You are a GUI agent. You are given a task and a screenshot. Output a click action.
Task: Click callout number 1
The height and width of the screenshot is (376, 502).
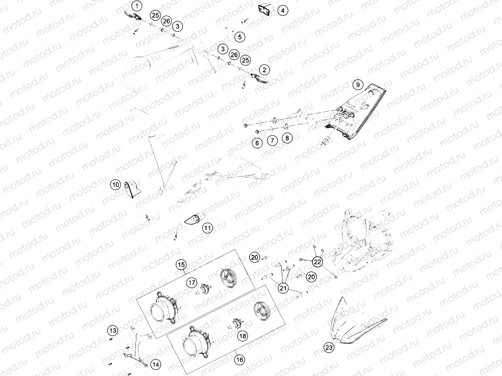(136, 6)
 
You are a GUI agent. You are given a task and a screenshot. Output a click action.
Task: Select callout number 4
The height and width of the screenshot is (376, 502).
(282, 10)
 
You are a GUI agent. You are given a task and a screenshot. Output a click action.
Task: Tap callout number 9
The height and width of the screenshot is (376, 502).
(357, 84)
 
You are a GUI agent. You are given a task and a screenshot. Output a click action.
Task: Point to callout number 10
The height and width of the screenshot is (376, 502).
(116, 184)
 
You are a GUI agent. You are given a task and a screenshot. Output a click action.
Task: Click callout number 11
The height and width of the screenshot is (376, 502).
(208, 228)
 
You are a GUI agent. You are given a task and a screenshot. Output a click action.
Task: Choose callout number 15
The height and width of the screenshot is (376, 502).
(181, 265)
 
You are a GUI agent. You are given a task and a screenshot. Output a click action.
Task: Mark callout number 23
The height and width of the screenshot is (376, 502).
(329, 348)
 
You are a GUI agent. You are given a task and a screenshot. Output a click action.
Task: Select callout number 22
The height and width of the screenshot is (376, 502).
(318, 261)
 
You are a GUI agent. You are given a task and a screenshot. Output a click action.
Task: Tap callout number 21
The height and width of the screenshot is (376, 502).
(283, 288)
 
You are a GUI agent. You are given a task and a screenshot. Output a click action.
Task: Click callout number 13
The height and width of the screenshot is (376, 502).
(113, 330)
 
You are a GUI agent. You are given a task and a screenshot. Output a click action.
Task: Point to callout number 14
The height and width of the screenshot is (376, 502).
(156, 364)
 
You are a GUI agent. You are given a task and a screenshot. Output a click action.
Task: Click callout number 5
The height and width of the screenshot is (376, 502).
(239, 37)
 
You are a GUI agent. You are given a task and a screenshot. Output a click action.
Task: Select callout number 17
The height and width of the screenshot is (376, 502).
(192, 282)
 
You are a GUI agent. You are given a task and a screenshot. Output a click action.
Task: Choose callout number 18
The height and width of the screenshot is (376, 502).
(243, 336)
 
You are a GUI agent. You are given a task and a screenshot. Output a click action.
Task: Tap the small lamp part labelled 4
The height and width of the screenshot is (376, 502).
(263, 9)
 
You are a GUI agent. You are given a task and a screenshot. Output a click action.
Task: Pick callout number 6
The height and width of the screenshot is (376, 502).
(257, 142)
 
